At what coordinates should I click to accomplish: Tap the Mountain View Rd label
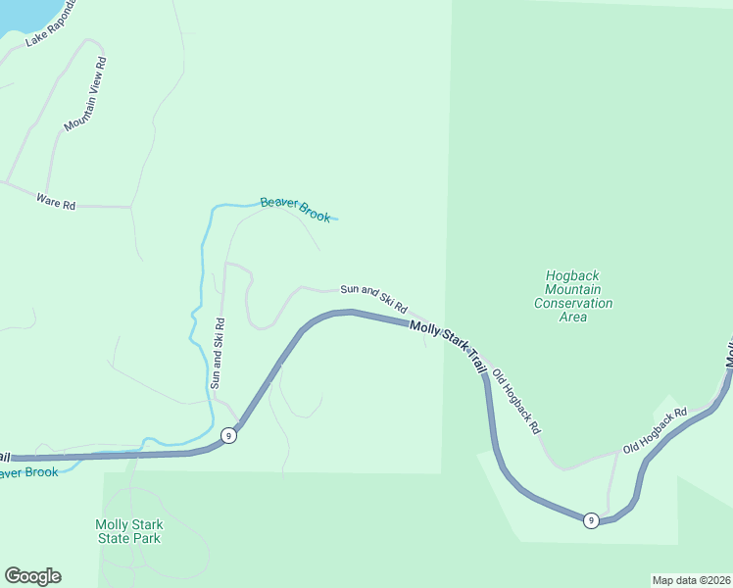pos(85,94)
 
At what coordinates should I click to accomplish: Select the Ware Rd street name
pos(56,203)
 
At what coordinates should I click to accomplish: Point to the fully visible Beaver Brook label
pos(295,210)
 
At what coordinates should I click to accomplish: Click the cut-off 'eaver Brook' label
pos(29,472)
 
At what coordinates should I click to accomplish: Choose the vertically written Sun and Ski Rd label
pos(219,353)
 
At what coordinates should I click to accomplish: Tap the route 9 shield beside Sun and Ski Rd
pos(227,436)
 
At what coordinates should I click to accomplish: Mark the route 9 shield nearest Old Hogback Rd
pos(591,520)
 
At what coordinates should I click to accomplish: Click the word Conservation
pos(573,303)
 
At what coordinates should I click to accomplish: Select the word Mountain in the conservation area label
pos(573,289)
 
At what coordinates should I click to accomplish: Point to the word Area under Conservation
pos(573,317)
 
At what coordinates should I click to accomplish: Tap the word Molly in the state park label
pos(112,524)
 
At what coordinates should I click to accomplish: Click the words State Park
pos(127,538)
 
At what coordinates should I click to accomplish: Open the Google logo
pos(32,576)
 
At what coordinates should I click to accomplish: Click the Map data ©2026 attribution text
pos(691,580)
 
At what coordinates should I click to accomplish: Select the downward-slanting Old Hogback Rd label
pos(516,402)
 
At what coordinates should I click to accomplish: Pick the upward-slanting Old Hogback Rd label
pos(655,430)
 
